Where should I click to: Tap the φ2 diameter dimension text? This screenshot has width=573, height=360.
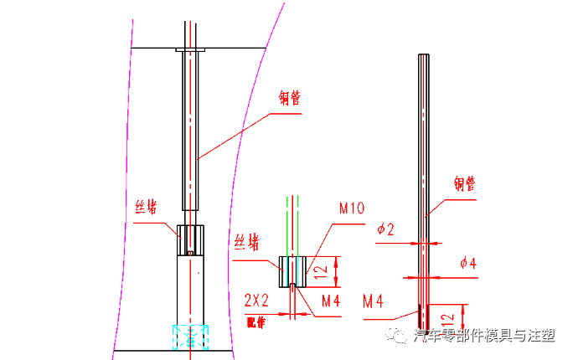(x=386, y=229)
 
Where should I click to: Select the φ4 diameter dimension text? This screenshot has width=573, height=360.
(x=468, y=263)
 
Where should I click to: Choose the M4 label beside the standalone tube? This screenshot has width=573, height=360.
(x=374, y=300)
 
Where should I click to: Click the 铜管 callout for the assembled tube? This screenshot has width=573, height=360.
(x=289, y=97)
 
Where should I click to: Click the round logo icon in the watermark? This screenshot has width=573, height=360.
(x=395, y=336)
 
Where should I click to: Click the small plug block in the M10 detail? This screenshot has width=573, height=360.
(x=292, y=270)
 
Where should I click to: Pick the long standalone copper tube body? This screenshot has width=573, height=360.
(x=425, y=167)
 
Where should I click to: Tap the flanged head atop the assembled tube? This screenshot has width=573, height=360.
(x=190, y=51)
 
